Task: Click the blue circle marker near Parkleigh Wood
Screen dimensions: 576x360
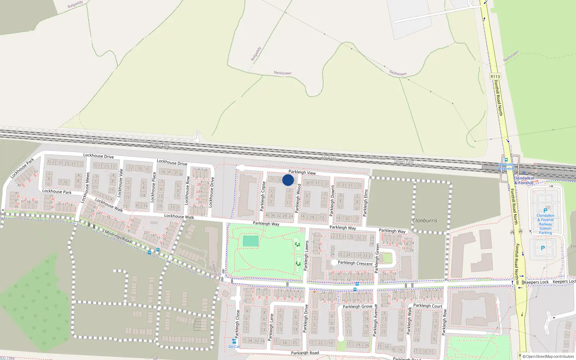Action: [288, 180]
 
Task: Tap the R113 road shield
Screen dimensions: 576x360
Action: [495, 76]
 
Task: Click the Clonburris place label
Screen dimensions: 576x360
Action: [425, 220]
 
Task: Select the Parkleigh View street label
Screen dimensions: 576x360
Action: [302, 172]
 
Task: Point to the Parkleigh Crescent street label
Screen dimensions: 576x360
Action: [355, 263]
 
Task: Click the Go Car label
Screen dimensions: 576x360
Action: [234, 346]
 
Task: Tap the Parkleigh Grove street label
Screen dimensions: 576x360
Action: [357, 306]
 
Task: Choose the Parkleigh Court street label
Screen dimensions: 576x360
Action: [428, 306]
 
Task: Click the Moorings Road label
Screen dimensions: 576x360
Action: [118, 236]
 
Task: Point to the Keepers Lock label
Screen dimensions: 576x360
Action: [536, 282]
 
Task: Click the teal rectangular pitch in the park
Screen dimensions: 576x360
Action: [251, 241]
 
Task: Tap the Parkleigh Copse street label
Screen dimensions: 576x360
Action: [262, 197]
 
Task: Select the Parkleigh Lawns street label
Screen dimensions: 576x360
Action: [306, 256]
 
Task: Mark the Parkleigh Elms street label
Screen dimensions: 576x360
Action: [366, 203]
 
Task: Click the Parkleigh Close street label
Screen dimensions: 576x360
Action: [237, 324]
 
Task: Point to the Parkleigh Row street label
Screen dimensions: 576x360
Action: [444, 322]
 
